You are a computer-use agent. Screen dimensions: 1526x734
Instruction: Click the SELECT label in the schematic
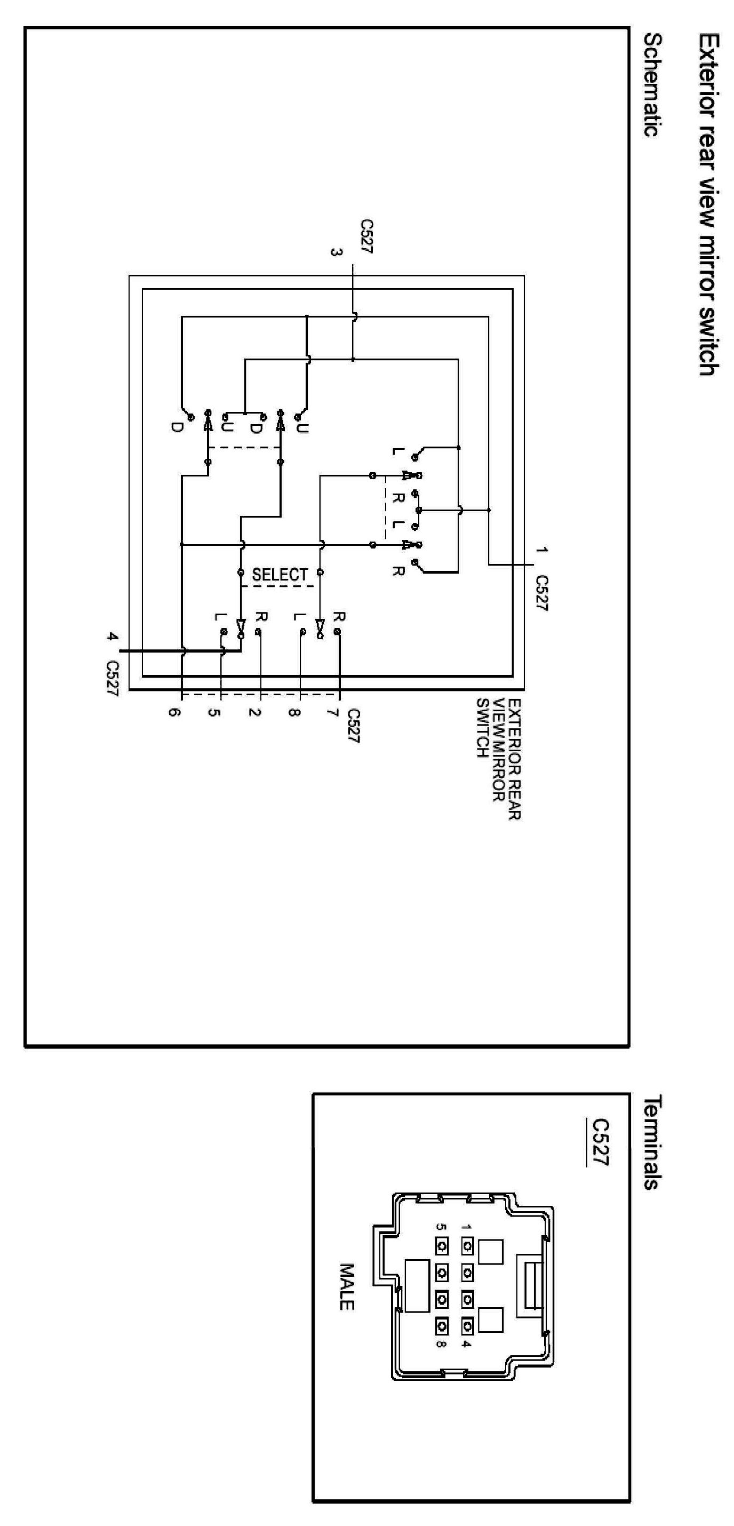coord(280,575)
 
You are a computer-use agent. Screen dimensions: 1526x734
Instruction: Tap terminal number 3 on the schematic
coord(336,252)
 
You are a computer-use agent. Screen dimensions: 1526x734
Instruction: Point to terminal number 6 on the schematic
coord(173,712)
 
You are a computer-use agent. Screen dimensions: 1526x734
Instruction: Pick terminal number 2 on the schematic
coord(256,712)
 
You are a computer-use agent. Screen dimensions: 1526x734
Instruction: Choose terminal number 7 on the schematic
coord(333,712)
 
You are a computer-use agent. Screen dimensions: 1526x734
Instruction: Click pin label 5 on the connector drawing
coord(440,1227)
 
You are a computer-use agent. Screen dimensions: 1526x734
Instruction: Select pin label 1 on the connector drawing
coord(466,1227)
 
